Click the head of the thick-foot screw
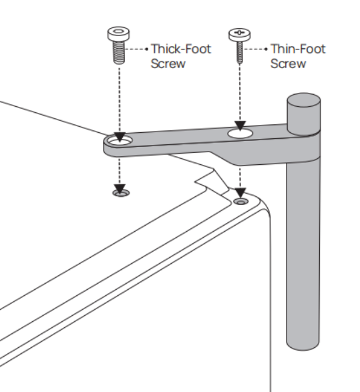pyautogui.click(x=118, y=33)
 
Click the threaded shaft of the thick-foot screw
pyautogui.click(x=119, y=53)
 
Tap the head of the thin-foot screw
pyautogui.click(x=239, y=35)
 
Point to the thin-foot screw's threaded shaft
pyautogui.click(x=240, y=52)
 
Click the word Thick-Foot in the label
pyautogui.click(x=181, y=49)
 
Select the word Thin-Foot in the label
pyautogui.click(x=298, y=49)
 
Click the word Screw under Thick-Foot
pyautogui.click(x=168, y=63)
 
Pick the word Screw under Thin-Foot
pyautogui.click(x=288, y=63)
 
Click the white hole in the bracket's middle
pyautogui.click(x=240, y=134)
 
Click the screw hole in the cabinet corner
pyautogui.click(x=240, y=202)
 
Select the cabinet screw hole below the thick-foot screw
pyautogui.click(x=121, y=193)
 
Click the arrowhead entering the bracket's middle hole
pyautogui.click(x=240, y=125)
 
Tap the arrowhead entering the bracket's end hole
pyautogui.click(x=120, y=137)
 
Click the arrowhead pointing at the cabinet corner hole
pyautogui.click(x=240, y=192)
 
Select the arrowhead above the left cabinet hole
pyautogui.click(x=120, y=189)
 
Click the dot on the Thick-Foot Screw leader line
pyautogui.click(x=147, y=49)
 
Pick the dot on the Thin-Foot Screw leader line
pyautogui.click(x=266, y=49)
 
